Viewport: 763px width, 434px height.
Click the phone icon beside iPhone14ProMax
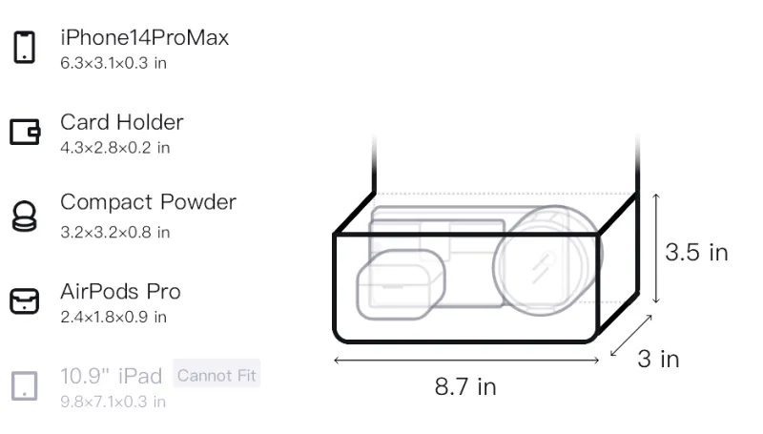point(25,47)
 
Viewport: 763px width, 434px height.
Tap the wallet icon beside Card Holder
point(25,132)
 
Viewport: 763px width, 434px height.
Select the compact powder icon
point(24,216)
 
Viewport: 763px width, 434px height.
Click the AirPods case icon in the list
point(25,301)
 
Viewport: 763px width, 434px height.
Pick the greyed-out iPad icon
point(25,386)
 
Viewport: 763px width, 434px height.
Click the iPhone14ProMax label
point(145,37)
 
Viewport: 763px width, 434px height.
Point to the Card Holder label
point(122,122)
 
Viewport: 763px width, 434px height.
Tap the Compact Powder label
point(149,202)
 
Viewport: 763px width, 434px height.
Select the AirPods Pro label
point(120,292)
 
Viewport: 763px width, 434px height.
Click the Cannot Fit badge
point(217,375)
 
